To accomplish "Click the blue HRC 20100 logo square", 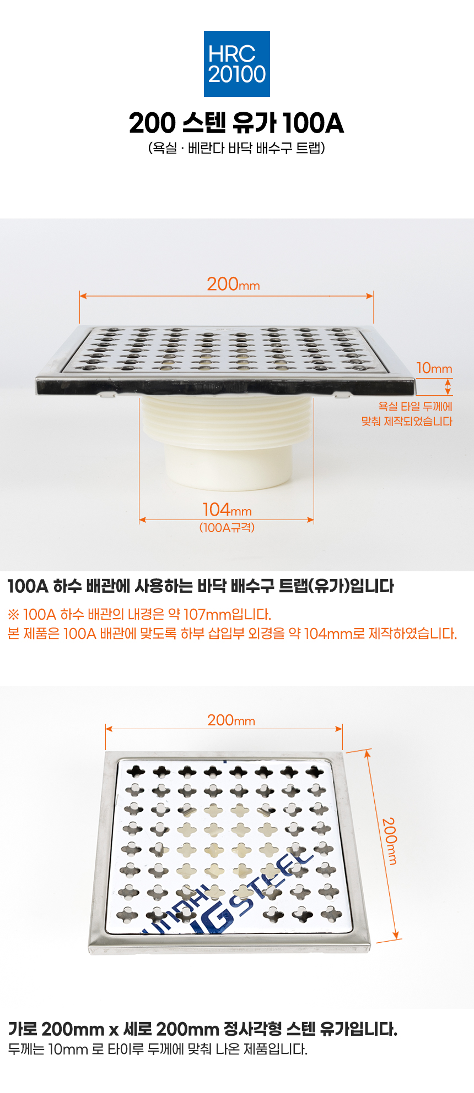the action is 237,64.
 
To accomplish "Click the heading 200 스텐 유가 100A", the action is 236,123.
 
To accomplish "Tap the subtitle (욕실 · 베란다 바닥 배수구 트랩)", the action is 236,148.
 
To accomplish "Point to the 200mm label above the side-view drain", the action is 233,284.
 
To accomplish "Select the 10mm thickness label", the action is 434,368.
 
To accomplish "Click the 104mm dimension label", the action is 227,510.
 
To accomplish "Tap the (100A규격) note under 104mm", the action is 227,527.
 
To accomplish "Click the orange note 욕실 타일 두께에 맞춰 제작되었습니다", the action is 407,414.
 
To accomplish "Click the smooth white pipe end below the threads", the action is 227,468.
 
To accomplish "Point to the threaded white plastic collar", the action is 227,423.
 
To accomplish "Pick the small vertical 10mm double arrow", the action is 448,386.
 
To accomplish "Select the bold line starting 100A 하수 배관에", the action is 201,587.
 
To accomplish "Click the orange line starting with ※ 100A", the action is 139,614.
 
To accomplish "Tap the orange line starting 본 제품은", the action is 232,633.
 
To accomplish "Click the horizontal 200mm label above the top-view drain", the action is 231,720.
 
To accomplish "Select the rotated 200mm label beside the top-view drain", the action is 390,841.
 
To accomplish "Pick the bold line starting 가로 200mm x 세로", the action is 203,1029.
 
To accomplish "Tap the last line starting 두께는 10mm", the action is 158,1049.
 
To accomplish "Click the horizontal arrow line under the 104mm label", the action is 227,520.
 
